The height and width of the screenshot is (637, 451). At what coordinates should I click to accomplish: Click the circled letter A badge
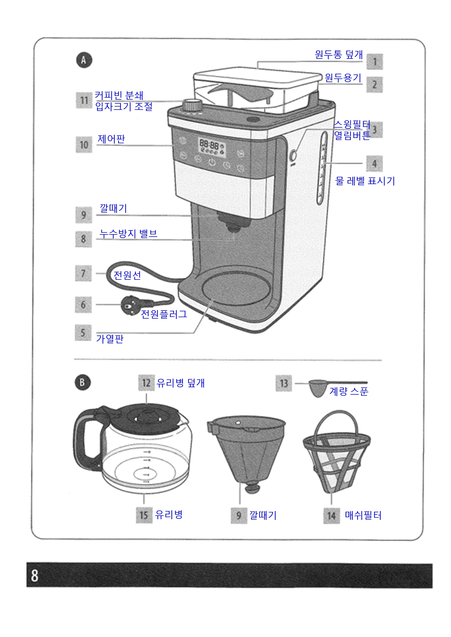84,60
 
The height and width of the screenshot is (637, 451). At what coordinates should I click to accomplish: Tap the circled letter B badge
83,382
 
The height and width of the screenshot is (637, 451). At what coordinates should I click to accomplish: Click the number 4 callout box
374,164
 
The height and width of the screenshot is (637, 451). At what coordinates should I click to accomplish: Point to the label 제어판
111,139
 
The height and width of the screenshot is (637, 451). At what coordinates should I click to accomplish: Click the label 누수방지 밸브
128,234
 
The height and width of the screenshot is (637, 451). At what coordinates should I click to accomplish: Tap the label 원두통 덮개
339,54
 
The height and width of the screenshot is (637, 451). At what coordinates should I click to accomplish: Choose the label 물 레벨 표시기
365,181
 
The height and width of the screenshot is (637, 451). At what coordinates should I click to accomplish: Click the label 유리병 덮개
181,383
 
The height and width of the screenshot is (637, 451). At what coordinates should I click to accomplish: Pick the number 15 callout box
144,515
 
